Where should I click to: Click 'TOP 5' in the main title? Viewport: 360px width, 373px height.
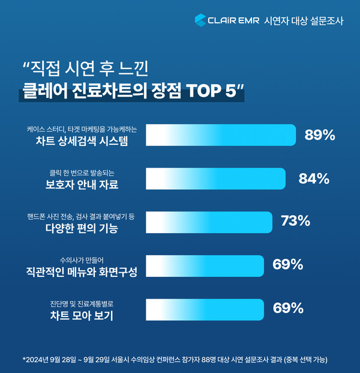tap(207, 94)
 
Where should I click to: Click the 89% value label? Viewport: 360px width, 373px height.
tap(320, 135)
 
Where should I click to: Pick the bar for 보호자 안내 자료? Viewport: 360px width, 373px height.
tap(216, 178)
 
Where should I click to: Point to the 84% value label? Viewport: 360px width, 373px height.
tap(314, 178)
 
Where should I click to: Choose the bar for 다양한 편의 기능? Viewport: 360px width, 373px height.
tap(209, 221)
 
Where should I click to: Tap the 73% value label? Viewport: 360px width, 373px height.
tap(296, 221)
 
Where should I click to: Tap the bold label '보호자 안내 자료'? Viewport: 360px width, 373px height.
tap(82, 184)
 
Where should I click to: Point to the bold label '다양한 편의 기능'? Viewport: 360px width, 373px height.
tap(82, 228)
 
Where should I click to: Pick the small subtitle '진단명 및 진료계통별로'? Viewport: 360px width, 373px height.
tap(82, 303)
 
